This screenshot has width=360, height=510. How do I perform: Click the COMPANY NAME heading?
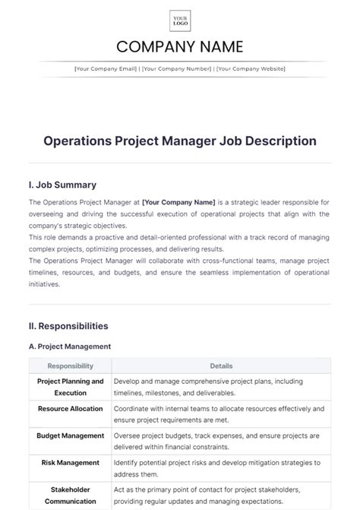(x=180, y=47)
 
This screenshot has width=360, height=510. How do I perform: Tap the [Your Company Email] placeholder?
(x=106, y=69)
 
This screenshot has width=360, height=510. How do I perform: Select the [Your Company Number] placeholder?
(x=176, y=69)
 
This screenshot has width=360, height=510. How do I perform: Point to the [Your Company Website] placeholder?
(x=251, y=69)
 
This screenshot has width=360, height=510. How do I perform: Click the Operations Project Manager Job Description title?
(x=180, y=141)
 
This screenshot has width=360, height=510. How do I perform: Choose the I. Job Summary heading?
(x=62, y=185)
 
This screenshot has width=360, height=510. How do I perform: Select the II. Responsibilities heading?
(x=68, y=326)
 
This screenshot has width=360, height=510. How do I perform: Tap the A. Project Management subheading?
(x=70, y=347)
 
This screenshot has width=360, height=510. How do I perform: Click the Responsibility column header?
(x=70, y=366)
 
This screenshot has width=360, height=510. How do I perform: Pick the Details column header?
(x=221, y=366)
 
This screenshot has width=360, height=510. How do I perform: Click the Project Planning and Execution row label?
(x=70, y=386)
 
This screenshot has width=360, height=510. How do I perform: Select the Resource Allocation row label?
(x=70, y=408)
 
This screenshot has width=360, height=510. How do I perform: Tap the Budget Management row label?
(x=70, y=436)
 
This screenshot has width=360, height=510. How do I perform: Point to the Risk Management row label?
(x=70, y=462)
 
